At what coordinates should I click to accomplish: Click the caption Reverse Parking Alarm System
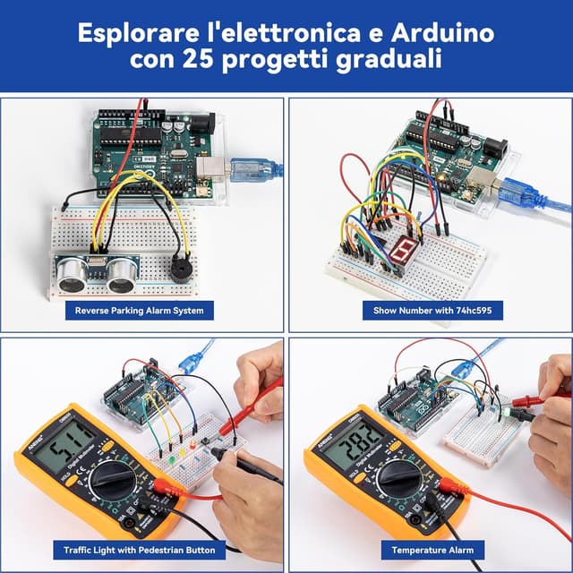coord(140,311)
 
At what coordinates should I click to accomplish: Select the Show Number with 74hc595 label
coord(432,311)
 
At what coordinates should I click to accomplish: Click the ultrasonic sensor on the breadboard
coord(95,272)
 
